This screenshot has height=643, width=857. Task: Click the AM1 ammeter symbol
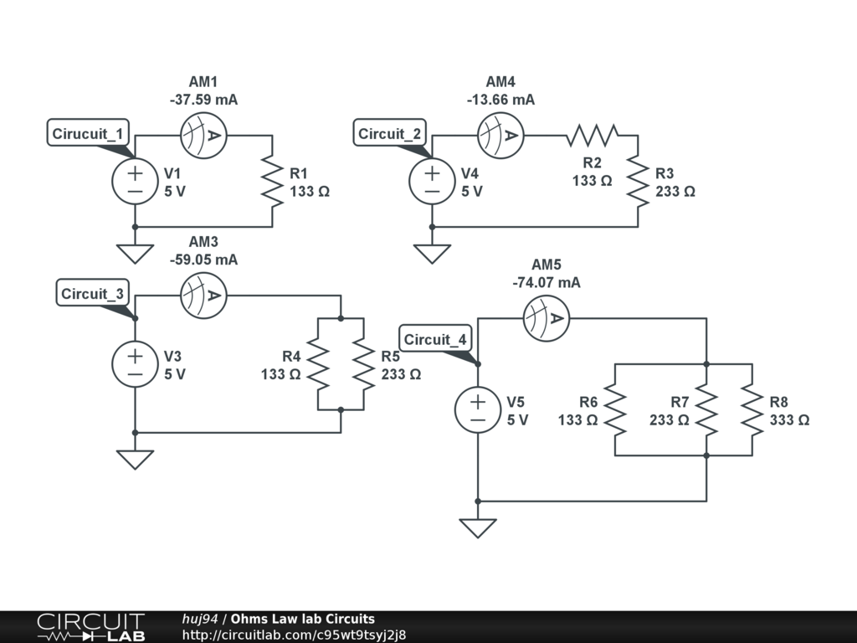pos(203,136)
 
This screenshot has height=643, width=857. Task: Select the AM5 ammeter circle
pos(546,318)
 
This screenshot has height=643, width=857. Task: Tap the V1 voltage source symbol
pos(135,181)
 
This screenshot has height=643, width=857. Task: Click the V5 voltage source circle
pos(478,409)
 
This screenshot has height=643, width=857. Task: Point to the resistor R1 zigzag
pos(272,181)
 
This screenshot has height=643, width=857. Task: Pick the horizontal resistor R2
pos(593,135)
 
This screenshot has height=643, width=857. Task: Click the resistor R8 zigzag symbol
pos(752,409)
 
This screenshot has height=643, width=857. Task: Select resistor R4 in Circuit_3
pos(318,363)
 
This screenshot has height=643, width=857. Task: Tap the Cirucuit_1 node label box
pos(88,133)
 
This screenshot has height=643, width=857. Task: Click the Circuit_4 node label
pos(435,339)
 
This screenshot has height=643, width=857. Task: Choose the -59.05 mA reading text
pos(204,260)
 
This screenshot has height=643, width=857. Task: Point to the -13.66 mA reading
pos(501,100)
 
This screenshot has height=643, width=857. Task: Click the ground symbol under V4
pos(433,253)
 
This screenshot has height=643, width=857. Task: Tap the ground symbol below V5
pos(478,527)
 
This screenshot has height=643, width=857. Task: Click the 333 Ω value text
pos(790,420)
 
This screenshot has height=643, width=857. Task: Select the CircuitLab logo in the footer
pos(91,627)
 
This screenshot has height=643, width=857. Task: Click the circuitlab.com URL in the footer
pos(294,635)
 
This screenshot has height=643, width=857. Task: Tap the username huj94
pos(199,619)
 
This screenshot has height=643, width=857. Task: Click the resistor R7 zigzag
pos(706,409)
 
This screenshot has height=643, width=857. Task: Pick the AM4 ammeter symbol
pos(500,136)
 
